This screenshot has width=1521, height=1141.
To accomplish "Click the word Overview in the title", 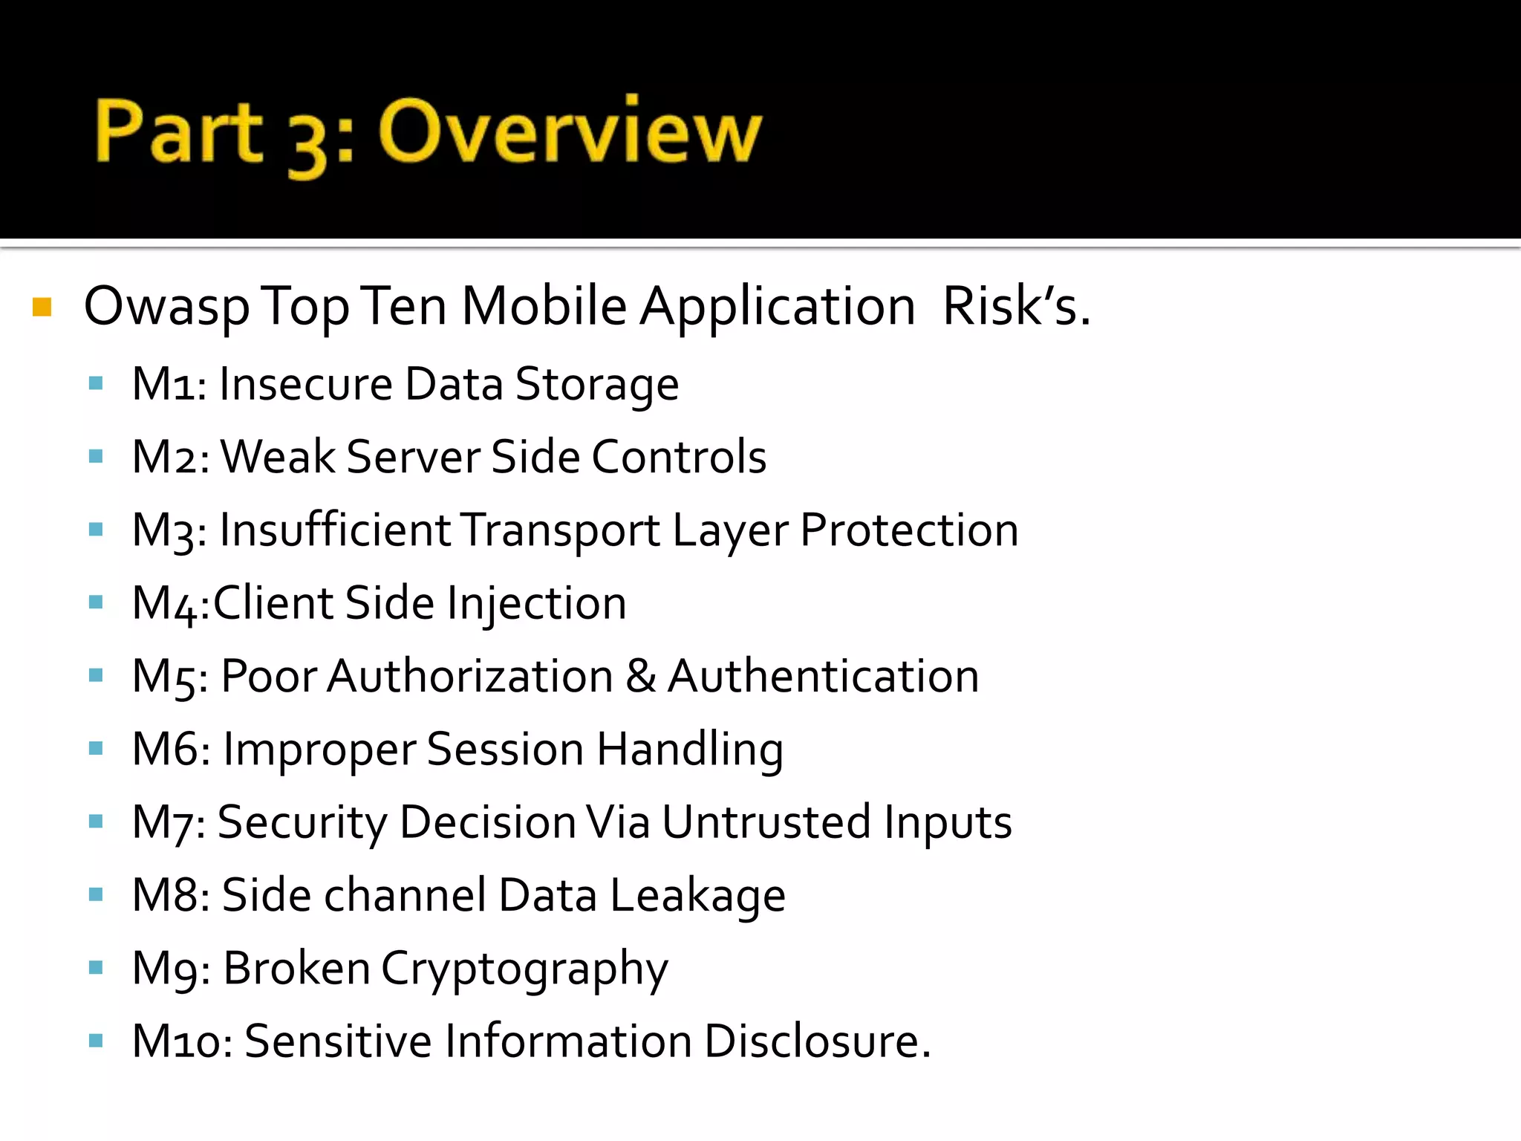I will [570, 132].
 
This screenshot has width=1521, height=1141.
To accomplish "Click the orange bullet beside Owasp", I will [42, 307].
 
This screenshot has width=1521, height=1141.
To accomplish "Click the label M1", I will [168, 385].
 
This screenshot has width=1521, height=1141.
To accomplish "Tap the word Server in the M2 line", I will [412, 457].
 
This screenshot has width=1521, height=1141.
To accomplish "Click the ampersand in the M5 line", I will [640, 676].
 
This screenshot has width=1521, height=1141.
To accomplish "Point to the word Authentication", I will [823, 676].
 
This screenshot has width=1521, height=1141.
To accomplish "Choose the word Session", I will [505, 749].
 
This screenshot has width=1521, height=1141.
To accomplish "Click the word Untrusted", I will [766, 822].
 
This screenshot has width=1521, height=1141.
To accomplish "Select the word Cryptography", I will [524, 969].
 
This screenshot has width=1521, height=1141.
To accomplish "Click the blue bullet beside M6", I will [95, 749].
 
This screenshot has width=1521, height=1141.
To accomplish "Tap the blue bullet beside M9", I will [95, 968].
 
